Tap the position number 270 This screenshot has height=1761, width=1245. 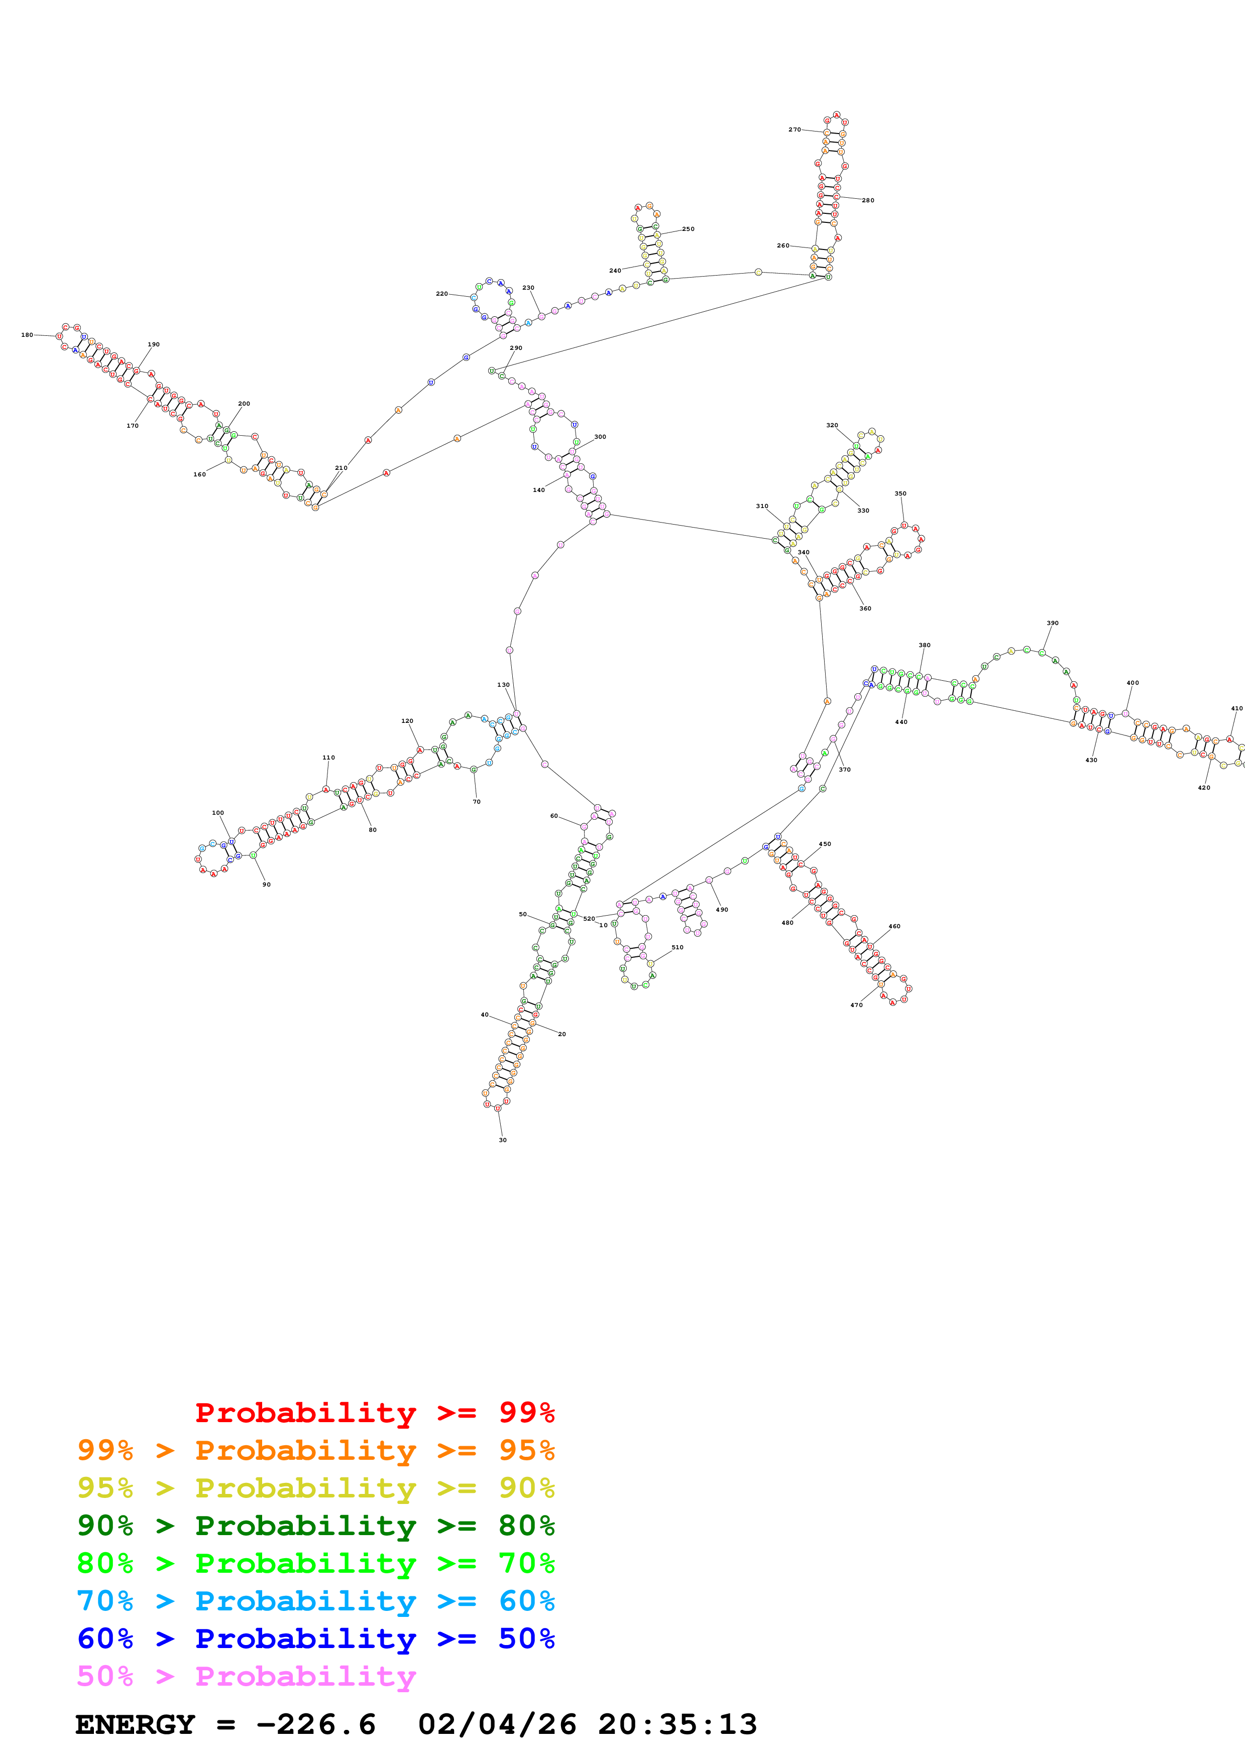[794, 130]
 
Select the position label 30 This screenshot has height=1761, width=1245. [502, 1140]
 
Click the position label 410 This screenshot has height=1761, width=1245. [1236, 709]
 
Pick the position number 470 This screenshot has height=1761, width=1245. [856, 1005]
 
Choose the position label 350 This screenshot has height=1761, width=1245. [900, 494]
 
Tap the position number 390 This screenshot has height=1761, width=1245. [1053, 623]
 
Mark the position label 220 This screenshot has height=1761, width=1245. [442, 294]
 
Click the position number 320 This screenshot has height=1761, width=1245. [832, 425]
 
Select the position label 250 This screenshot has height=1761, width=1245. [688, 228]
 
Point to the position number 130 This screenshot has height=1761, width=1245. [503, 685]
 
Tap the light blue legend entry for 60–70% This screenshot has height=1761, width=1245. [315, 1601]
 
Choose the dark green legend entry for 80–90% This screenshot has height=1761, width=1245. [315, 1526]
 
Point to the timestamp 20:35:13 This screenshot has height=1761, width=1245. [677, 1724]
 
